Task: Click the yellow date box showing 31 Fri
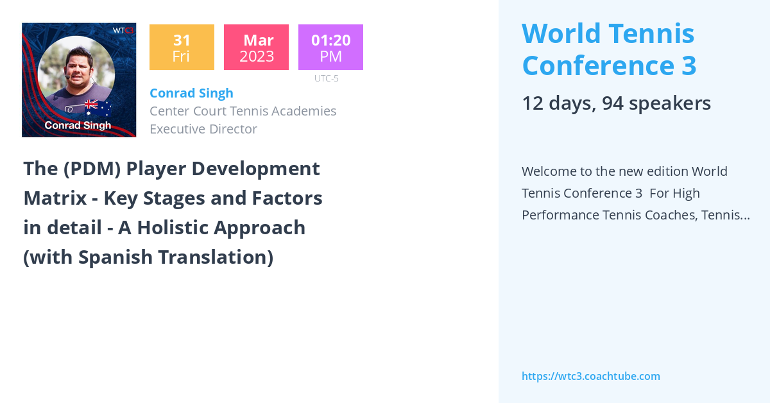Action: click(x=182, y=47)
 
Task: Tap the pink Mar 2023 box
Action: click(x=256, y=47)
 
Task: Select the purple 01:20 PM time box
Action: click(x=330, y=47)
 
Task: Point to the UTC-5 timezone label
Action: click(x=327, y=78)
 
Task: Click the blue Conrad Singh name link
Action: click(x=191, y=93)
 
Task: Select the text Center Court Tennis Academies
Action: click(x=243, y=111)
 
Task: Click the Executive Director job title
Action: click(x=203, y=129)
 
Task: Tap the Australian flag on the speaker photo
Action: click(x=98, y=108)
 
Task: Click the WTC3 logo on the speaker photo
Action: click(x=123, y=30)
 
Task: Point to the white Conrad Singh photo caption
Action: click(x=78, y=125)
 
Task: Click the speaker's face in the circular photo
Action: click(x=79, y=68)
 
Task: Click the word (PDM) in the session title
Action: click(x=92, y=169)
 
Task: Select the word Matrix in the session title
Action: click(x=55, y=198)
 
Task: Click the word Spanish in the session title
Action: click(x=116, y=257)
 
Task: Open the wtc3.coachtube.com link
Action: click(x=591, y=376)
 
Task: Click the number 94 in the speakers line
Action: click(x=613, y=103)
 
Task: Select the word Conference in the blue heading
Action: click(x=598, y=65)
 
